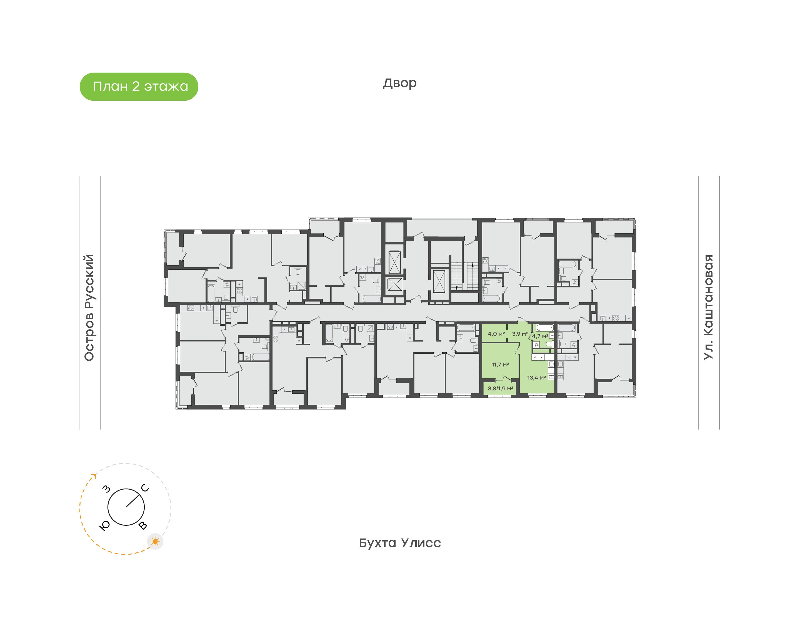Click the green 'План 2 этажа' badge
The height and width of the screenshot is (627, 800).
(x=139, y=87)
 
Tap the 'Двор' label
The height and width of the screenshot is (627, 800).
(x=400, y=83)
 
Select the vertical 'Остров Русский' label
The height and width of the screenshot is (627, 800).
(x=89, y=308)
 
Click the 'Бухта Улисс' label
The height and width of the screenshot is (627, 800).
(x=400, y=543)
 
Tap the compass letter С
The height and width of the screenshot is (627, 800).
(x=145, y=488)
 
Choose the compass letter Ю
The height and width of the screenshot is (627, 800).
(x=105, y=526)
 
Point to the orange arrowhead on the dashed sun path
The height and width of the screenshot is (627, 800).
(x=94, y=476)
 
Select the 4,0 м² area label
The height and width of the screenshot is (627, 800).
(x=496, y=334)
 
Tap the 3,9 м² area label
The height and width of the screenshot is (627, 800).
(x=520, y=334)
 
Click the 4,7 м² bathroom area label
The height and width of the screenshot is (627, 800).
(x=540, y=336)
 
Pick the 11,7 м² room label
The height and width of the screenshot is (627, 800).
(x=500, y=365)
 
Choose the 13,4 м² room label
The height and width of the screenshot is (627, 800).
(x=536, y=377)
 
